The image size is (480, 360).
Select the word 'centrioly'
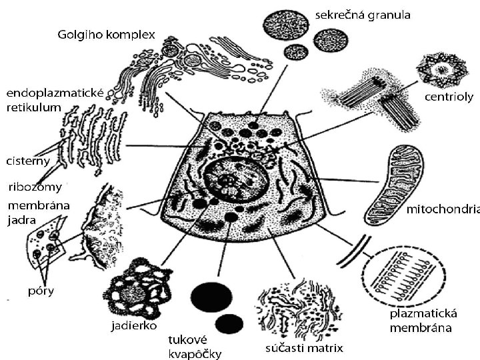pos(449,97)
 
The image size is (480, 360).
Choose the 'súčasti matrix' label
pos(305,347)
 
